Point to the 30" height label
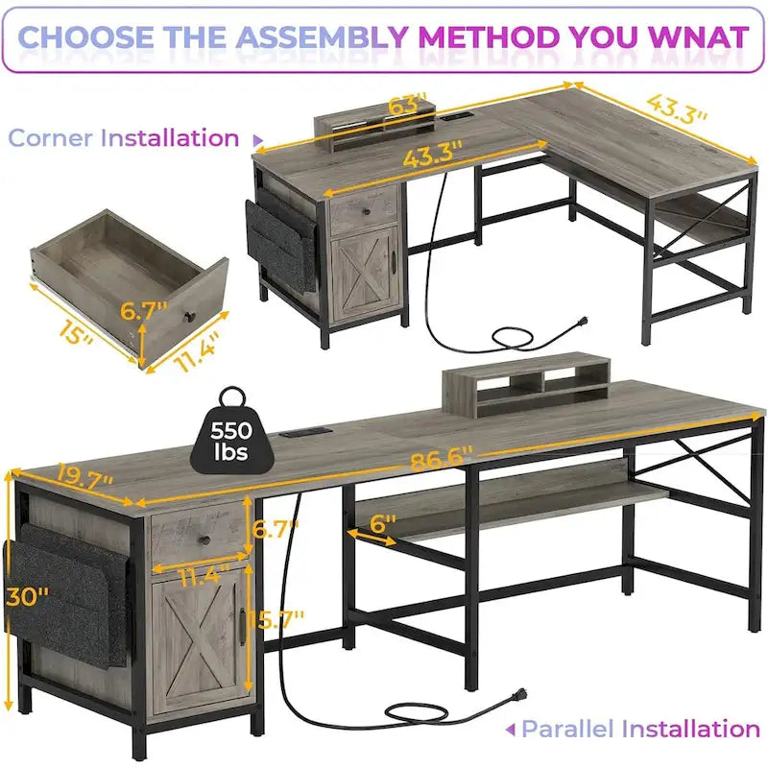25,595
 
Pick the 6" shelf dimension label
381,525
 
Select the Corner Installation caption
124,137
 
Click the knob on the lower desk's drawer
202,542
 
